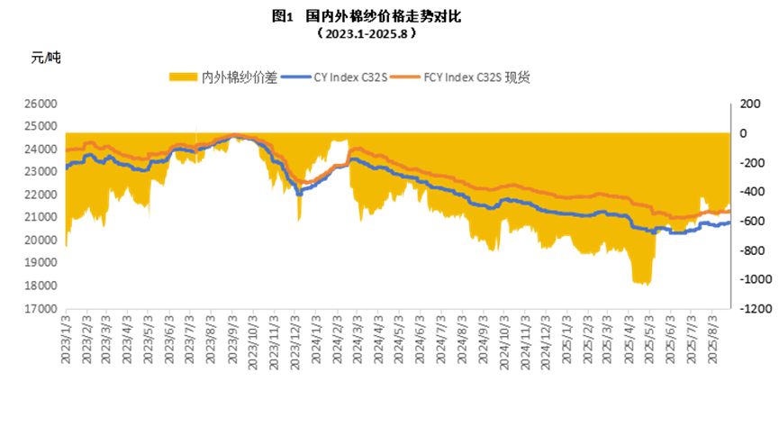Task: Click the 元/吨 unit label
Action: [46, 59]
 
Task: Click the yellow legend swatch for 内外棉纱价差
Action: [183, 77]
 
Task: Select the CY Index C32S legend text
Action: [350, 77]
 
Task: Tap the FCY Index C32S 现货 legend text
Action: [476, 77]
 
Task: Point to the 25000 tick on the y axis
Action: [41, 104]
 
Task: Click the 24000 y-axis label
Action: [41, 126]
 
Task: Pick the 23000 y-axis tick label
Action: [41, 149]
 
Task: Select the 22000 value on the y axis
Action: [41, 172]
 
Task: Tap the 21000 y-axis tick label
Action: [41, 195]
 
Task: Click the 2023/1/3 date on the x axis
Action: [66, 338]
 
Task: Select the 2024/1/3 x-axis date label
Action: [316, 338]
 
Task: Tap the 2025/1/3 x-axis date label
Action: [566, 338]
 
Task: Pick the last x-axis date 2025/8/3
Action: [711, 338]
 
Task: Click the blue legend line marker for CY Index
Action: [295, 77]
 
